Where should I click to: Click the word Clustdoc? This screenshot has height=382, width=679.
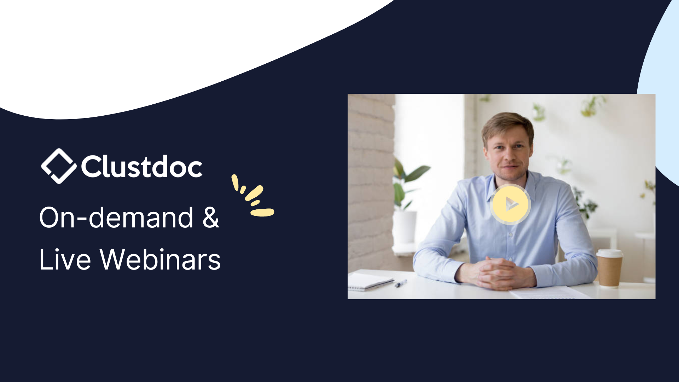(142, 166)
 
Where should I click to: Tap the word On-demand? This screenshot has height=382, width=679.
(116, 217)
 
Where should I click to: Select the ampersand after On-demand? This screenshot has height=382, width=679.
(211, 217)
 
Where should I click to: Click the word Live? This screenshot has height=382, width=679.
(65, 259)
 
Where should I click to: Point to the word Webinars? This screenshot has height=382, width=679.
(160, 259)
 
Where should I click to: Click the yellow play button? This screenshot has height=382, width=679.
(510, 204)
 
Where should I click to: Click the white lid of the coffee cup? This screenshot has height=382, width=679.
(609, 253)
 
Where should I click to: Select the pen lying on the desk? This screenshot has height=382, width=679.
(401, 283)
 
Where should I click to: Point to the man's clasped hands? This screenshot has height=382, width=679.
(497, 273)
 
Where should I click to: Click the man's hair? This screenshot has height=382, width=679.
(508, 124)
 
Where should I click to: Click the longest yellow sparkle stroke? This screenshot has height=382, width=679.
(262, 212)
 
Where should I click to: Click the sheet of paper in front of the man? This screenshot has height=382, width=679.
(550, 293)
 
